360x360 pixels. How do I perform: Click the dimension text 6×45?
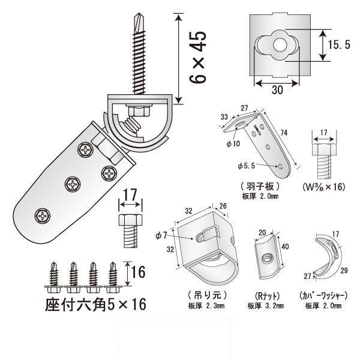197,57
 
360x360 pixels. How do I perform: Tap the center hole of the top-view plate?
280,45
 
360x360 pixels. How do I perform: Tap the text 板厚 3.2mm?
263,306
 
